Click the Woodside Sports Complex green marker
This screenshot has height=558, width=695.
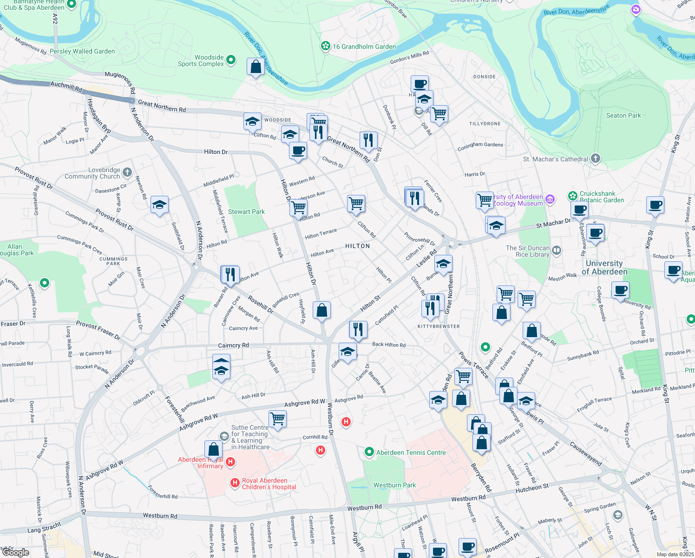[231, 60]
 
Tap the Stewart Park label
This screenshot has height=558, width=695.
[246, 212]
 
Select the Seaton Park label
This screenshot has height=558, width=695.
[623, 115]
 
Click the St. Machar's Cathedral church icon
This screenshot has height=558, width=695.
[596, 159]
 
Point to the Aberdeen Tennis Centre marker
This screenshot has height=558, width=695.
[369, 452]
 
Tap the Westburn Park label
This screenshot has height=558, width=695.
[394, 485]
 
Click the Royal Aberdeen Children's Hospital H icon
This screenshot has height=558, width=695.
[236, 484]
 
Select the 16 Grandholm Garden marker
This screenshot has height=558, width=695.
[326, 46]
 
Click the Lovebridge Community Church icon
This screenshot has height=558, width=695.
[127, 173]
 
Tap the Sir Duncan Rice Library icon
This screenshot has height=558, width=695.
[557, 251]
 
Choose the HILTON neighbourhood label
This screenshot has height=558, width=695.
[357, 246]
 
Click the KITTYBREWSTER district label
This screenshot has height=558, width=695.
[439, 326]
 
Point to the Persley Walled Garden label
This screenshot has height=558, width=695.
[82, 51]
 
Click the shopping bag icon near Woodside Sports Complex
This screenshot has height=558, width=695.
[256, 67]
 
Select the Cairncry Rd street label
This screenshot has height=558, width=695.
[233, 345]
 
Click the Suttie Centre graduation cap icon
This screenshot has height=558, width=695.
[224, 436]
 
